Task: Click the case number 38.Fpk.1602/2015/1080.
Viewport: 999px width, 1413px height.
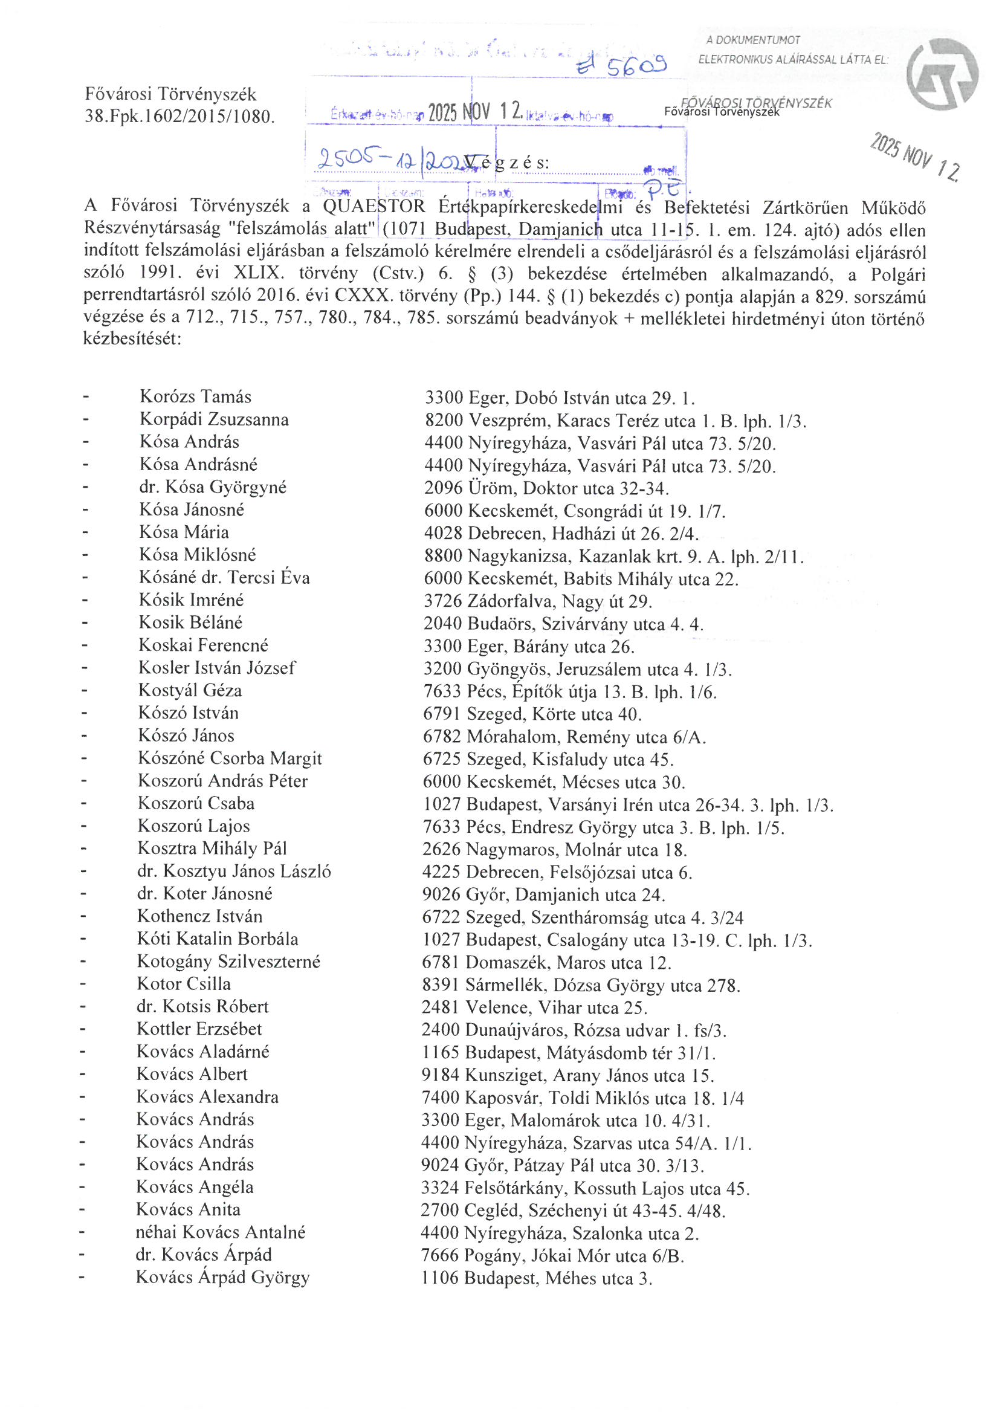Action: point(179,115)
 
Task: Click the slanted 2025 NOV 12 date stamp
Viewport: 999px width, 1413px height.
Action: point(914,157)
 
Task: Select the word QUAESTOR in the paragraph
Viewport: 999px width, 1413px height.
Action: point(373,207)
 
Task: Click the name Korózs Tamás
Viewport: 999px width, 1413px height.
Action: point(195,397)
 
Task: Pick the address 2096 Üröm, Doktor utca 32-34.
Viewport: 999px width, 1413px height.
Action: point(546,489)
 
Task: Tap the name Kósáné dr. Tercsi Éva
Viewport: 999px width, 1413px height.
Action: point(224,578)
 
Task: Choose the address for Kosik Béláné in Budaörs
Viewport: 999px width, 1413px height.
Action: point(563,624)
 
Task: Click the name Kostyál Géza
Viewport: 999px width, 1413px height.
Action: point(190,691)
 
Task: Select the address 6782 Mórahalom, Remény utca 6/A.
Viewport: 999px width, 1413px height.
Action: point(564,737)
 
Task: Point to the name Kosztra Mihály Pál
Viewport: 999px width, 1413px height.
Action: point(212,849)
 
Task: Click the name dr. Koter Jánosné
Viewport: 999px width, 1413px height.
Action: point(204,894)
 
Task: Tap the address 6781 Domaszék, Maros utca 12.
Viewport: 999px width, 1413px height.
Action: point(546,963)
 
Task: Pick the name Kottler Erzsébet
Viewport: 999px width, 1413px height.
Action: point(199,1029)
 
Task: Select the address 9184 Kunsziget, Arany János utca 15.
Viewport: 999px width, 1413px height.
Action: point(567,1076)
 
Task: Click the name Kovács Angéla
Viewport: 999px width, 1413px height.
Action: point(195,1186)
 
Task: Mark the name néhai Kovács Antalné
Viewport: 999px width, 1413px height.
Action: point(221,1232)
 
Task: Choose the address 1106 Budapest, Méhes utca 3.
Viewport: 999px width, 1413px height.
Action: point(536,1278)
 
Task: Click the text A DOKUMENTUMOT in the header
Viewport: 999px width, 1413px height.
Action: point(753,40)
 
